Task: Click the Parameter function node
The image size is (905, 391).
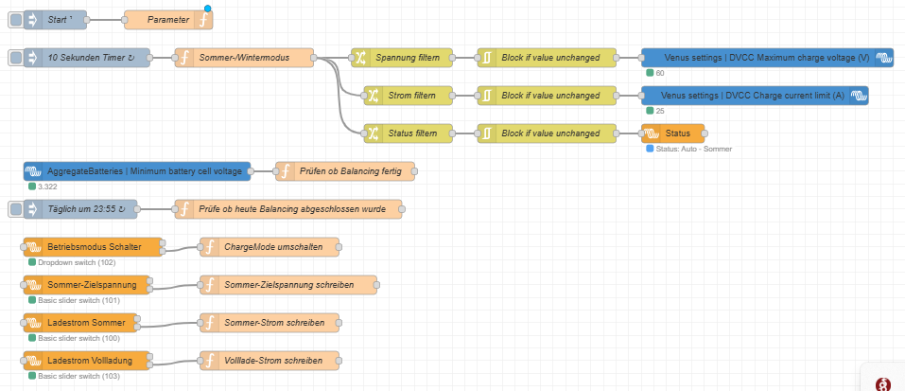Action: coord(168,20)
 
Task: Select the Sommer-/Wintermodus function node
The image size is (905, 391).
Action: coord(244,58)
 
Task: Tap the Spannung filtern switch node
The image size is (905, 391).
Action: coord(402,58)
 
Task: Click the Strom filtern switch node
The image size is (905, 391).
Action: coord(409,96)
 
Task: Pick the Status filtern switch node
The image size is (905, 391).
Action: coord(409,133)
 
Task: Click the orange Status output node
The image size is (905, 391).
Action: coord(673,133)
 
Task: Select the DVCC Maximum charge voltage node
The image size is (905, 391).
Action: coord(767,58)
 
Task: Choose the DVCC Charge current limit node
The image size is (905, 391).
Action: coord(755,96)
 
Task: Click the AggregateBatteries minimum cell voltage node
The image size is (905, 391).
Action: coord(137,171)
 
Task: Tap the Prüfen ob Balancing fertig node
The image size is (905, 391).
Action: coord(345,171)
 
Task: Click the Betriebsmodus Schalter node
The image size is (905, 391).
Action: coord(93,247)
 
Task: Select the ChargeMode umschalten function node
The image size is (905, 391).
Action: coord(270,247)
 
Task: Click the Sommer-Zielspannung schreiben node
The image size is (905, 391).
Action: coord(288,285)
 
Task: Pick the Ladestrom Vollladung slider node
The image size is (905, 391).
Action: coord(87,361)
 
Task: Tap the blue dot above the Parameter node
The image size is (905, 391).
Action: coord(208,9)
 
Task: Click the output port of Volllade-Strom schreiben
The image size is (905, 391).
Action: coord(339,361)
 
